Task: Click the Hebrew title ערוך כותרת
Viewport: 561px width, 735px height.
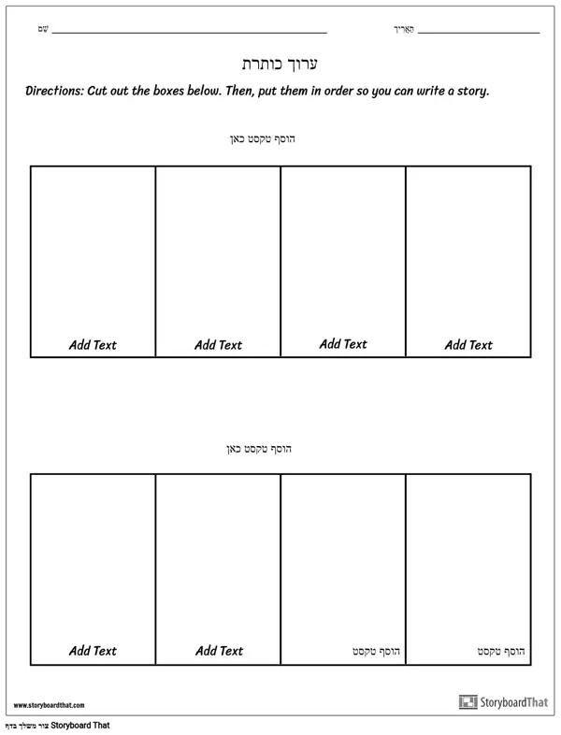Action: tap(280, 64)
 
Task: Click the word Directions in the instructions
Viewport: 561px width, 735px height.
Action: tap(53, 92)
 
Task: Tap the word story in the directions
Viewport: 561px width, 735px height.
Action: tap(469, 92)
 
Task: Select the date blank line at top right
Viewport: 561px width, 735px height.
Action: tap(479, 33)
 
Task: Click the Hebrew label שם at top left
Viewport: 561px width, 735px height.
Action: tap(43, 30)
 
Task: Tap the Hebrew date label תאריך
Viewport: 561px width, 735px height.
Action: tap(403, 30)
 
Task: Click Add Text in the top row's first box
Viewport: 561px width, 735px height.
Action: tap(93, 345)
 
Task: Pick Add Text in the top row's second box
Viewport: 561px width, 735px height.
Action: tap(218, 345)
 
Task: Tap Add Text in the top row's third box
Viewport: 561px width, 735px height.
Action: tap(343, 344)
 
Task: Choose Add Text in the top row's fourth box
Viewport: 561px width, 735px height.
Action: tap(468, 345)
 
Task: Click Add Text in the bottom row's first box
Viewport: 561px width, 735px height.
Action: tap(93, 651)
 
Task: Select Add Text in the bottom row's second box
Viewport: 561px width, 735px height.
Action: tap(218, 651)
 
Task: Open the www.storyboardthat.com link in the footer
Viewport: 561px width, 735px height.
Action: tap(50, 705)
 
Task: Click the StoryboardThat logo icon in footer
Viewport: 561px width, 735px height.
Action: tap(467, 701)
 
